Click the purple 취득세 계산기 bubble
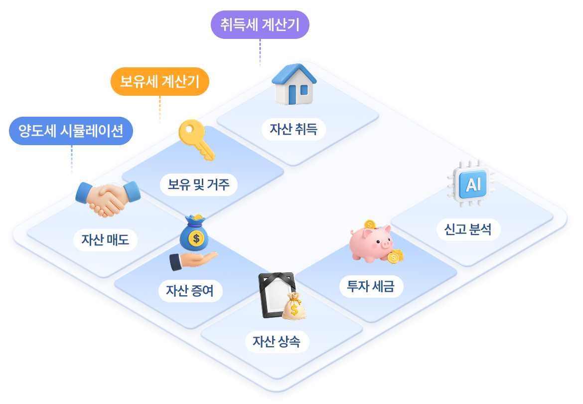point(260,24)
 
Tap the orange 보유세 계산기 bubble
point(160,81)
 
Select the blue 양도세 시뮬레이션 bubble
point(71,131)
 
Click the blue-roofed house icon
point(294,84)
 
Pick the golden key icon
point(196,140)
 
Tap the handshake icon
point(108,199)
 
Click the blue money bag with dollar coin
point(194,233)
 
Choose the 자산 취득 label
point(293,130)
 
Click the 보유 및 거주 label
point(198,185)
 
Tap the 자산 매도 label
point(105,240)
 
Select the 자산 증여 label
point(190,291)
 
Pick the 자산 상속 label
point(277,342)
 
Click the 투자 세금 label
point(371,286)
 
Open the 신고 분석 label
point(468,229)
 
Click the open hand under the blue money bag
point(193,261)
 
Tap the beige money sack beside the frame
point(294,307)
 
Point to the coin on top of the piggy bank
point(370,224)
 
